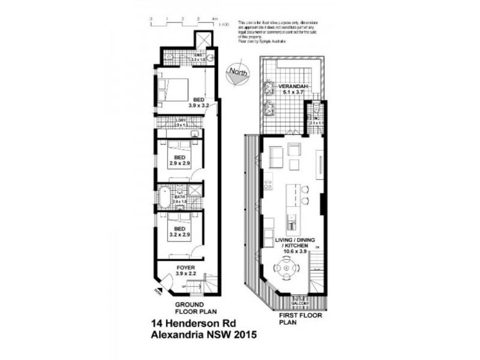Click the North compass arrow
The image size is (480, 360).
[x=236, y=72]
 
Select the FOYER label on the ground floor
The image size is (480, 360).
[x=186, y=267]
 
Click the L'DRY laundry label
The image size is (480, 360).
[x=181, y=121]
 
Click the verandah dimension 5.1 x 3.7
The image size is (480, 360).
[x=293, y=94]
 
